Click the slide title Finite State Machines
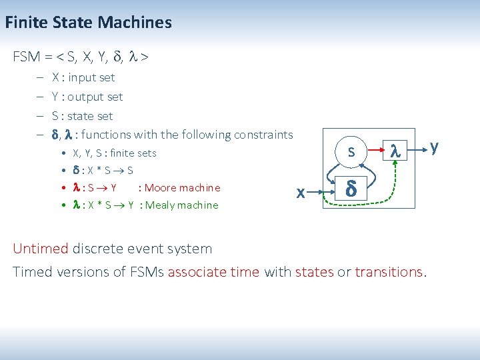pyautogui.click(x=88, y=23)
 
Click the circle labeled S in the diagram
pyautogui.click(x=351, y=153)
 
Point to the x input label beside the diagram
pyautogui.click(x=301, y=193)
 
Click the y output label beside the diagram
pyautogui.click(x=435, y=146)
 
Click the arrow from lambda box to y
pyautogui.click(x=418, y=149)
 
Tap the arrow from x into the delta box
pyautogui.click(x=322, y=193)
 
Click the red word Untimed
pyautogui.click(x=41, y=249)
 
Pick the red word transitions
pyautogui.click(x=389, y=271)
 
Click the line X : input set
pyautogui.click(x=83, y=77)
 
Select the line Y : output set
pyautogui.click(x=87, y=97)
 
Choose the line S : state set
pyautogui.click(x=83, y=116)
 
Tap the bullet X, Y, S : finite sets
pyautogui.click(x=114, y=153)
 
